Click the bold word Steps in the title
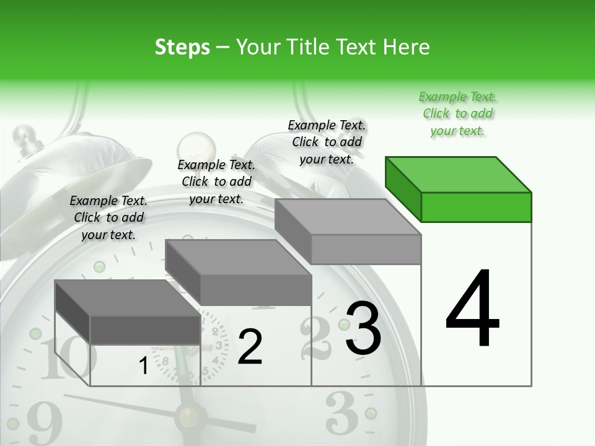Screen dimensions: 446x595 (x=182, y=47)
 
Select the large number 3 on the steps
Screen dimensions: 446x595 (x=363, y=328)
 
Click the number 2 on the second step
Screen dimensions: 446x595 (x=250, y=347)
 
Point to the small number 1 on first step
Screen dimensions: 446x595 (x=143, y=366)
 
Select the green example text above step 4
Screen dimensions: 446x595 (x=457, y=113)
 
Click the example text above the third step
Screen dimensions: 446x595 (x=327, y=142)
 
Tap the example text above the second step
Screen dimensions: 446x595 (x=216, y=181)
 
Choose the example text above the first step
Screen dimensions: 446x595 (x=108, y=217)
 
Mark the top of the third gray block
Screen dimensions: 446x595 (x=347, y=217)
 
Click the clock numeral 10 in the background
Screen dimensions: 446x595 (x=65, y=359)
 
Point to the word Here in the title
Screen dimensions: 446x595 (x=406, y=47)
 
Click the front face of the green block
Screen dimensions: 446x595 (x=476, y=207)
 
